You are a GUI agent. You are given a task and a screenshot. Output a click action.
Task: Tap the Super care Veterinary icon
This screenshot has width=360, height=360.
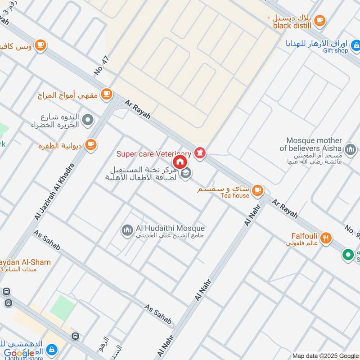(x=200, y=153)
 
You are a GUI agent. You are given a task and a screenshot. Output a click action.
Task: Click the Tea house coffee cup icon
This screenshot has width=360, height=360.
(x=257, y=190)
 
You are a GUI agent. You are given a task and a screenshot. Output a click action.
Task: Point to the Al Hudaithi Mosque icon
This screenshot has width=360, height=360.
(x=127, y=230)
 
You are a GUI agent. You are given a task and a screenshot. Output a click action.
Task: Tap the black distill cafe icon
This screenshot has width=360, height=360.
(x=320, y=20)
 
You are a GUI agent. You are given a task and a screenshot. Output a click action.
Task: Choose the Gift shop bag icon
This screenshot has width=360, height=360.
(x=355, y=45)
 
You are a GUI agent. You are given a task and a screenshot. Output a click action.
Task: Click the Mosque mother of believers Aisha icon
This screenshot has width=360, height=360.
(x=350, y=149)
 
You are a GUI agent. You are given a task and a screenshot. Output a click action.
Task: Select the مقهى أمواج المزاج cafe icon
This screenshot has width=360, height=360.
(x=106, y=94)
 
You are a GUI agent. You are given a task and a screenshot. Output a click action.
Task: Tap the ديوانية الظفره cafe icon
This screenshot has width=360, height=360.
(x=91, y=144)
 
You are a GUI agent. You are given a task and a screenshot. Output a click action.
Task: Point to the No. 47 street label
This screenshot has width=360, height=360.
(x=100, y=65)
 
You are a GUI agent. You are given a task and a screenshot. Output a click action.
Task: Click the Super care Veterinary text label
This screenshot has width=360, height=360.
(x=154, y=154)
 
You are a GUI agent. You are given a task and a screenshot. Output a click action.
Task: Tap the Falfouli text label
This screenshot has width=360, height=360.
(x=305, y=236)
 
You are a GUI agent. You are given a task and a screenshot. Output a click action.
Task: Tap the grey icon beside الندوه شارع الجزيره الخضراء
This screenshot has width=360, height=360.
(x=88, y=120)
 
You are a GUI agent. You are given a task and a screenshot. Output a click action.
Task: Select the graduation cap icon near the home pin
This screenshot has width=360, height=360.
(x=185, y=173)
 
